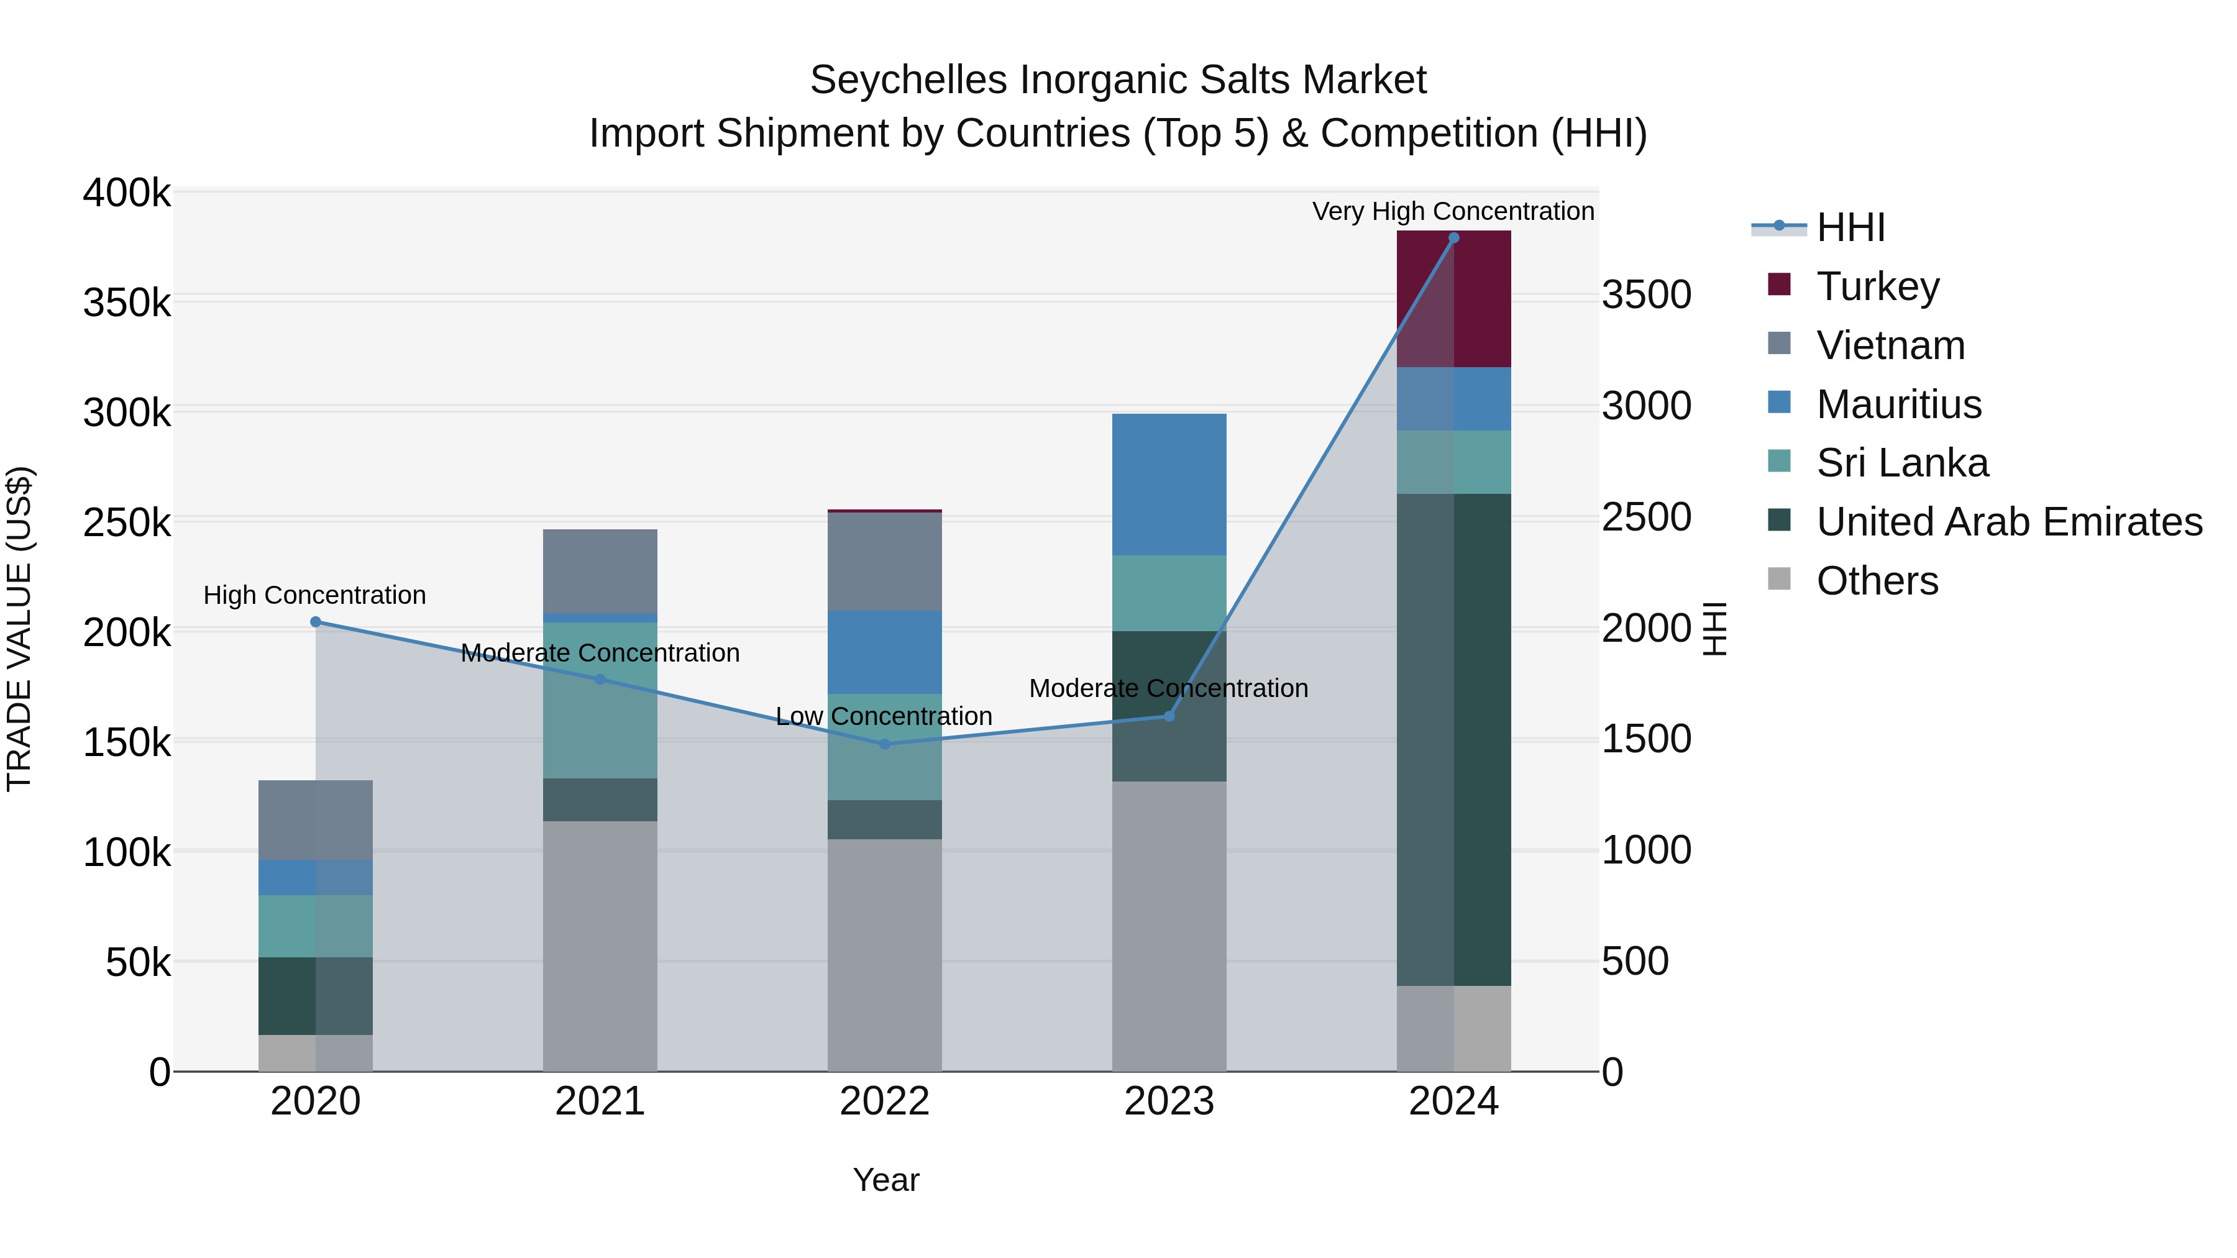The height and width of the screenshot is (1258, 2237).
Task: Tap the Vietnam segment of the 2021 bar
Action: [x=600, y=570]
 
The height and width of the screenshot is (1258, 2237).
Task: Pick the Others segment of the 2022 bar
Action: [x=884, y=954]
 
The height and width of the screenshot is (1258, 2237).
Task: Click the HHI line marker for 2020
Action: [x=315, y=622]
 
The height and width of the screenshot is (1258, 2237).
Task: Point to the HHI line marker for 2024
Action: [x=1453, y=238]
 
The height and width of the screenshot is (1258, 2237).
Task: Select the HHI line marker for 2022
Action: [x=884, y=744]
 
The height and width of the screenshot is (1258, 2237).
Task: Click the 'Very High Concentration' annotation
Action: [x=1453, y=211]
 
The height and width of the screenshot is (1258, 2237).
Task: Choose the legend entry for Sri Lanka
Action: [x=1902, y=463]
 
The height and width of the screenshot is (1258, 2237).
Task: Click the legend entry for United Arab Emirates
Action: [x=2008, y=522]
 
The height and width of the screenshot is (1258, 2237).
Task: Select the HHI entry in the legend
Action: [x=1850, y=227]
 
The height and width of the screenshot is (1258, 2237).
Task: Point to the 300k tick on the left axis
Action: [x=127, y=412]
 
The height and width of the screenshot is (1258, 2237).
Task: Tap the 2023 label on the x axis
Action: [x=1169, y=1101]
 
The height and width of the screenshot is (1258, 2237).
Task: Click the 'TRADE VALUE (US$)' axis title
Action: [x=20, y=629]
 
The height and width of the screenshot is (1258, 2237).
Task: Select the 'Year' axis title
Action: [x=885, y=1180]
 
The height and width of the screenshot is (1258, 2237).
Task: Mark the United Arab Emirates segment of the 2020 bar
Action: [x=315, y=995]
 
